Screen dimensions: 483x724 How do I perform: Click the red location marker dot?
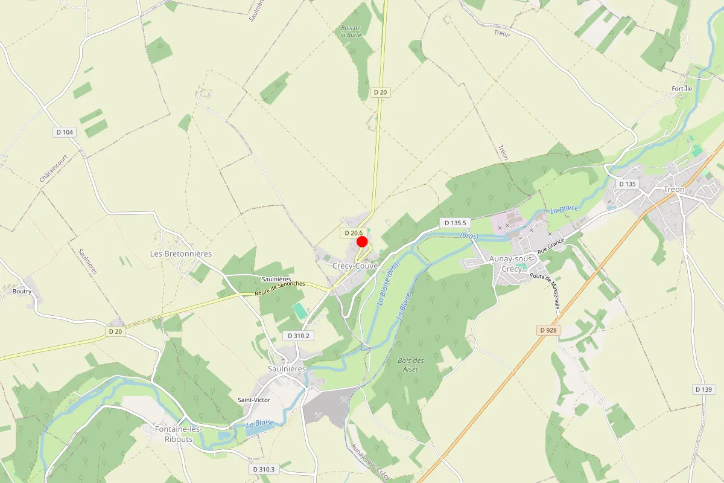[362, 241]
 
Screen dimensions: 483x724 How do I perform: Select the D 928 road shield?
[548, 330]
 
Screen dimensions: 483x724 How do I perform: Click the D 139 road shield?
[703, 389]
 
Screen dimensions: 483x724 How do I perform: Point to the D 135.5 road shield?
[456, 223]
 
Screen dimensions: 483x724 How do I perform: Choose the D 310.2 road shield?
[298, 336]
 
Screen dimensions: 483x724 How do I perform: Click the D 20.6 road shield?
[352, 233]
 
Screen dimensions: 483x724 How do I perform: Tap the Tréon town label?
[674, 190]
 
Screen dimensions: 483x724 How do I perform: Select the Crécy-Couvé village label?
[355, 266]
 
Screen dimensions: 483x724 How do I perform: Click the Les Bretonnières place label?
[180, 254]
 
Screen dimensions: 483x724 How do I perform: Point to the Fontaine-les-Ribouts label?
[174, 433]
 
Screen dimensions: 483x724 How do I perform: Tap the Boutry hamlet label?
[22, 291]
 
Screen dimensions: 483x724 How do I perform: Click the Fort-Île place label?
[682, 89]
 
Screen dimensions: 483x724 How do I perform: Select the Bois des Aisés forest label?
[411, 365]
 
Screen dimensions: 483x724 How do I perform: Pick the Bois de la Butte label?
[350, 31]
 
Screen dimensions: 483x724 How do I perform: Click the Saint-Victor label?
[254, 400]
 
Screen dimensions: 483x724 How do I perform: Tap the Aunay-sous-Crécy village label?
[512, 264]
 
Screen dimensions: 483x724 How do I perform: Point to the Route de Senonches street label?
[280, 288]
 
